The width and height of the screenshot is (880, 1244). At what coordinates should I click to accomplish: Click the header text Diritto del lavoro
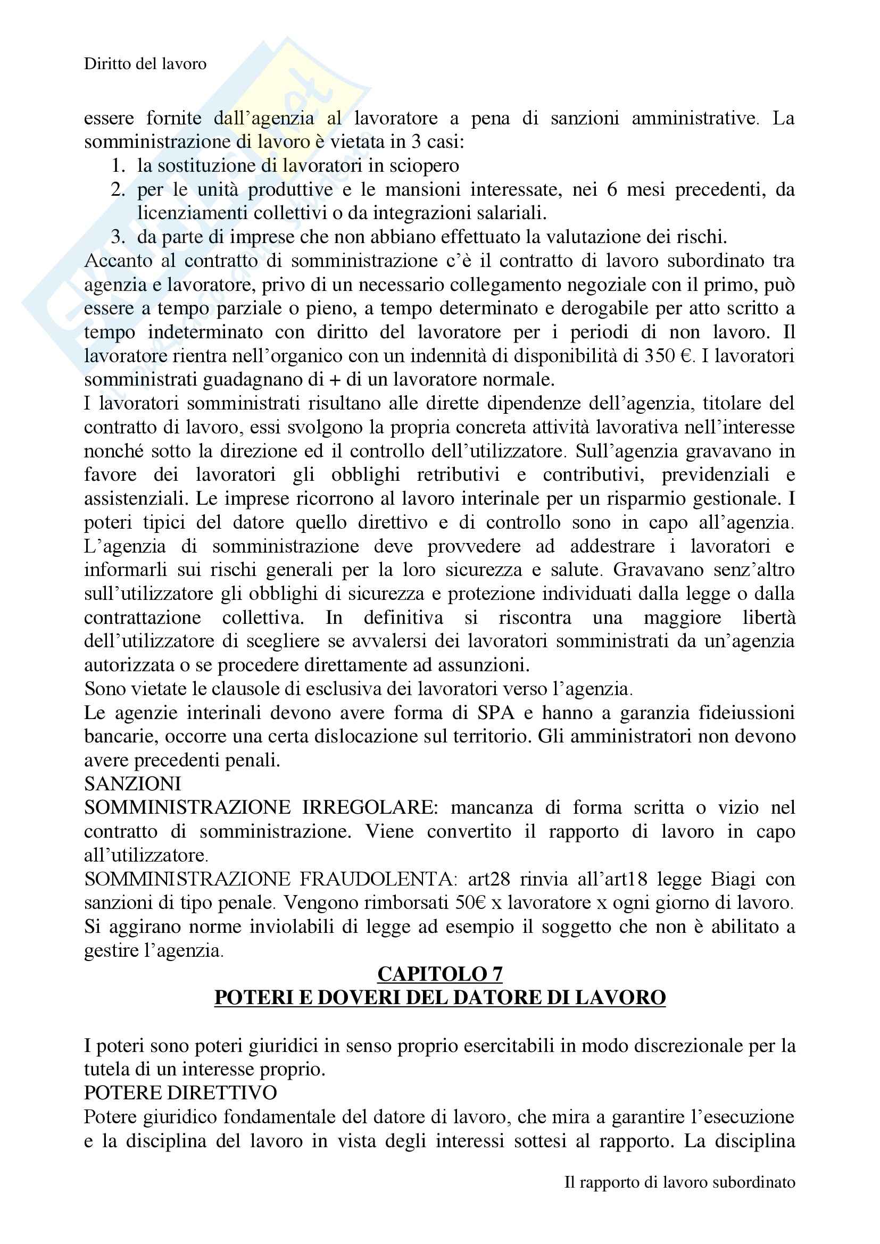[x=145, y=64]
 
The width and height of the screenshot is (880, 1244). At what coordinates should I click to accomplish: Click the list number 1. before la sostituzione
[x=118, y=166]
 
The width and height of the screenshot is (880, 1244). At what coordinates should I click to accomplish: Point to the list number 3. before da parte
[x=118, y=237]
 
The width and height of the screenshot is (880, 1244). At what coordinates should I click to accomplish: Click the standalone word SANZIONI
[x=133, y=784]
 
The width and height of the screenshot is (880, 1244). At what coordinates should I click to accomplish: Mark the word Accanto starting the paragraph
[x=117, y=261]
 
